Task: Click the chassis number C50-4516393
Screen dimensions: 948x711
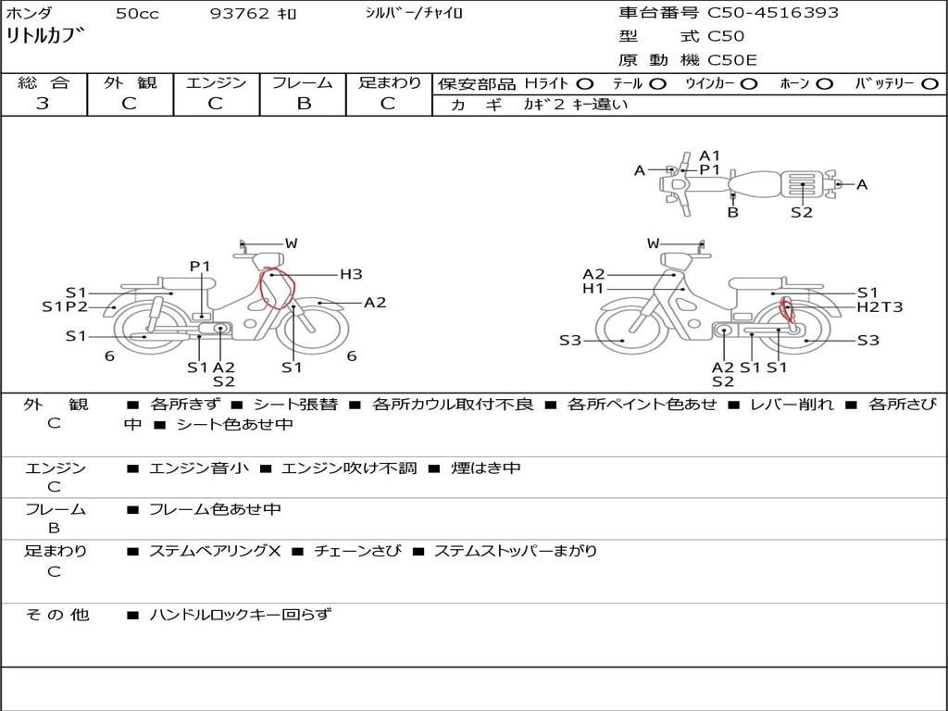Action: point(773,13)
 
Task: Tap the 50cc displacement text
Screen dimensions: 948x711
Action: point(135,14)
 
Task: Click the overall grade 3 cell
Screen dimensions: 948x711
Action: point(43,104)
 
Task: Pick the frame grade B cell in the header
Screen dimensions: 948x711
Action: point(303,104)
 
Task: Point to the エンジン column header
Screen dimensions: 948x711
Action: point(217,82)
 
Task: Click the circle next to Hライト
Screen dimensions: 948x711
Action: point(585,84)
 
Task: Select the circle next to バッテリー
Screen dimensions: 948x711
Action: point(929,84)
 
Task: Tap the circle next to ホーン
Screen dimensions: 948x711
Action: point(824,84)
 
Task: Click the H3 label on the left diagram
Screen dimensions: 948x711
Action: point(351,274)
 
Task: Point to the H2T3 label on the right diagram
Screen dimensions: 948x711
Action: point(879,307)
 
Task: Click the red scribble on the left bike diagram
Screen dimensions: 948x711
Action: point(275,289)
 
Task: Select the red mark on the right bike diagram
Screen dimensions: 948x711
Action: point(787,312)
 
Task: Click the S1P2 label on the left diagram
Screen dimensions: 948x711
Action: point(65,307)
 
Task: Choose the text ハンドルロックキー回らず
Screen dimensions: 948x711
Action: point(240,615)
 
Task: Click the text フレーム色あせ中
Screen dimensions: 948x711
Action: point(215,509)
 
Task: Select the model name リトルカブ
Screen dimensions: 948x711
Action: point(46,38)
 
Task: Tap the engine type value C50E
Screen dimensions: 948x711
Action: point(732,61)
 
